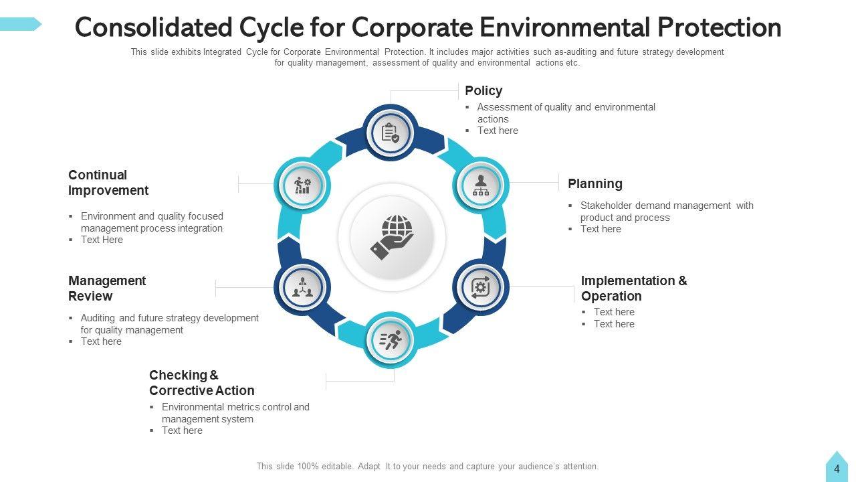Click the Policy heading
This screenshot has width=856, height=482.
coord(483,90)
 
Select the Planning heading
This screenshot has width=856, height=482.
coord(595,183)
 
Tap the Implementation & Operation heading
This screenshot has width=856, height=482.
coord(633,289)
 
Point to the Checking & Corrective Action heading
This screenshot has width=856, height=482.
coord(201,383)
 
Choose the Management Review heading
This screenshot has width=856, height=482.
coord(106,289)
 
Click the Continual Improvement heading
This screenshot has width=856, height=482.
coord(108,183)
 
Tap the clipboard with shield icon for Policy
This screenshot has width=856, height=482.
coord(391,133)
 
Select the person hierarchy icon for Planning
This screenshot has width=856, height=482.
coord(481,185)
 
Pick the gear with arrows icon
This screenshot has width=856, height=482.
coord(481,287)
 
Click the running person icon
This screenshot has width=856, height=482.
coord(391,340)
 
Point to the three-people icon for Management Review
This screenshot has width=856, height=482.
coord(302,287)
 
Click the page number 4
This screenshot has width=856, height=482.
coord(837,469)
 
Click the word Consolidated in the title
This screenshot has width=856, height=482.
coord(153,28)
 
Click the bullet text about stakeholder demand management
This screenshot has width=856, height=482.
coord(666,212)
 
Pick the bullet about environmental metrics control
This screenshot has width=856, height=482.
coord(235,413)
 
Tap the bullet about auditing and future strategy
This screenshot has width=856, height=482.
coord(169,324)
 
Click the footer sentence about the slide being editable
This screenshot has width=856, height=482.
coord(427,467)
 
